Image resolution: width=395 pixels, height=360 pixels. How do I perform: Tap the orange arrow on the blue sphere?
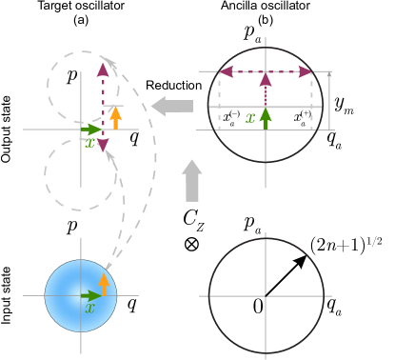tap(104, 284)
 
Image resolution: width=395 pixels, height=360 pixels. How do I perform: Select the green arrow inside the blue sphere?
tap(91, 295)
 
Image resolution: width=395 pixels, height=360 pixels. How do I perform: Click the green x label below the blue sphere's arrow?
tap(89, 309)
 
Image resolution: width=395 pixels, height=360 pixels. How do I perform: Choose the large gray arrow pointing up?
tap(192, 180)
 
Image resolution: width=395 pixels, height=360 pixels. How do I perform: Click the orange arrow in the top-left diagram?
tap(115, 117)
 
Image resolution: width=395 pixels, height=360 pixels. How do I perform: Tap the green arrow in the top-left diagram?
tap(91, 129)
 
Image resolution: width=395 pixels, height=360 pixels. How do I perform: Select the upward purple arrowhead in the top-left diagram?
tap(103, 70)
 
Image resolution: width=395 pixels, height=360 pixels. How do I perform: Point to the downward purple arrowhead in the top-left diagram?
tap(103, 146)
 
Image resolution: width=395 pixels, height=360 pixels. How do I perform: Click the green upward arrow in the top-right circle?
tap(266, 117)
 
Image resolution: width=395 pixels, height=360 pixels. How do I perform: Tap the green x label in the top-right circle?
tap(250, 118)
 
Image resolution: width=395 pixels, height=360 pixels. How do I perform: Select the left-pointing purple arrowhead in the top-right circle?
tap(227, 71)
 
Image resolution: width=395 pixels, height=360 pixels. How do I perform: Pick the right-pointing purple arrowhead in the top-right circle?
tap(305, 71)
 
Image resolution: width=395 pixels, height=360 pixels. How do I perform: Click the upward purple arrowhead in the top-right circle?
tap(266, 80)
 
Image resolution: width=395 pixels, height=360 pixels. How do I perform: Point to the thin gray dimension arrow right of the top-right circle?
tap(329, 100)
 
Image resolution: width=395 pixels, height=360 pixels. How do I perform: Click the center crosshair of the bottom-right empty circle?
tap(266, 295)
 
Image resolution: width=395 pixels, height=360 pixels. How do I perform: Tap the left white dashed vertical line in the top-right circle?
tap(220, 100)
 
